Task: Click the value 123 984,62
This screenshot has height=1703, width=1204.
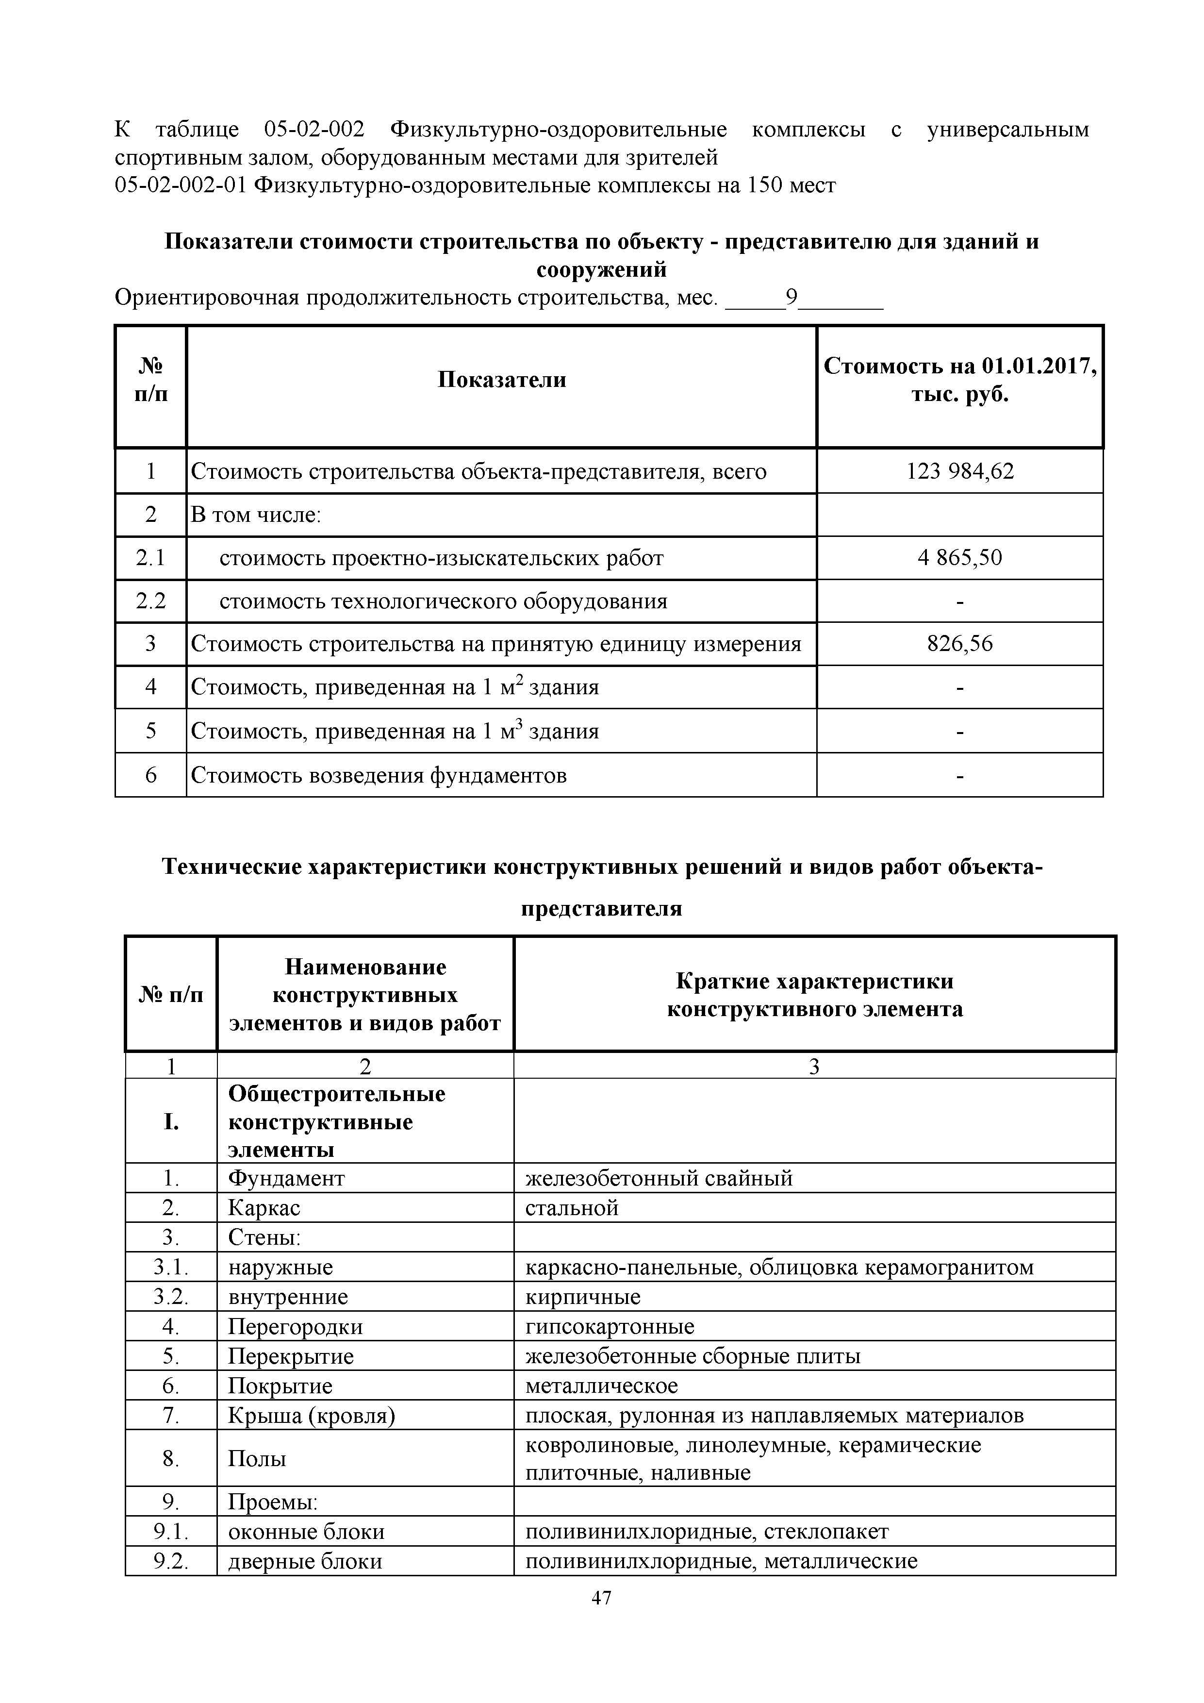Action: click(959, 471)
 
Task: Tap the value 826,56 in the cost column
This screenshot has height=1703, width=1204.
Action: click(959, 643)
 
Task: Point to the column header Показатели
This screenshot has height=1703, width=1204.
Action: click(501, 380)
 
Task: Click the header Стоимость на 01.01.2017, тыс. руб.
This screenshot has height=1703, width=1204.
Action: click(959, 380)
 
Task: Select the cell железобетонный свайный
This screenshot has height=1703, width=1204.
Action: click(659, 1178)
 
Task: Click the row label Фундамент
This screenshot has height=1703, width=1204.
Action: click(286, 1178)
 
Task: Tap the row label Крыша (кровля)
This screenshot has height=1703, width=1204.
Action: click(312, 1415)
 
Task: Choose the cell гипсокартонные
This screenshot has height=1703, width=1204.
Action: click(610, 1326)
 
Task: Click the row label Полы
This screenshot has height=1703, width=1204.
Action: click(257, 1458)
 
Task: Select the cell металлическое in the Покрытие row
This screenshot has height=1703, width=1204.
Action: click(601, 1386)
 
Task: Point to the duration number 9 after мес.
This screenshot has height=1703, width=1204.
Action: click(792, 298)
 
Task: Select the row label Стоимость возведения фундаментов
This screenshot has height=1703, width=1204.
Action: click(379, 775)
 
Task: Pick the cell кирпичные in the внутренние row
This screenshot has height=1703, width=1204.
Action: click(583, 1297)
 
